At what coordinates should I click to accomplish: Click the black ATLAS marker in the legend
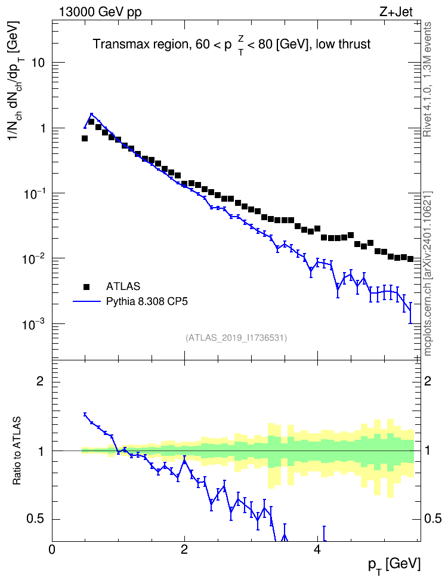86,286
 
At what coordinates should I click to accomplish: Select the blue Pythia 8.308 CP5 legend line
86,301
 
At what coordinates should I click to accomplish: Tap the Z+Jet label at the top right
396,12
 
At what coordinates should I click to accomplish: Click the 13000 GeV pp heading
100,12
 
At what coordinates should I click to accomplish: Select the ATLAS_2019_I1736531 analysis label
236,338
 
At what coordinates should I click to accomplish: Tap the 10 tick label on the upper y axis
38,63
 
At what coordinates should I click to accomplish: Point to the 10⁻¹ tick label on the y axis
33,193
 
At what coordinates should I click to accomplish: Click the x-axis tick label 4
317,550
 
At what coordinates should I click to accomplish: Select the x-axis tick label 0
52,550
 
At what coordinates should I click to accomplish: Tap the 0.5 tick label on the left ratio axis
36,519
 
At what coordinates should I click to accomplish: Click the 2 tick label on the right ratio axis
428,381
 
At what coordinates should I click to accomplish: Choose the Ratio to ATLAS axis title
17,451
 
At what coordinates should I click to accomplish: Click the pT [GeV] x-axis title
394,566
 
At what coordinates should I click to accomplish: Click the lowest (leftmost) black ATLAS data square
85,138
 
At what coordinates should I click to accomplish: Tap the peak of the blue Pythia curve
92,115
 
